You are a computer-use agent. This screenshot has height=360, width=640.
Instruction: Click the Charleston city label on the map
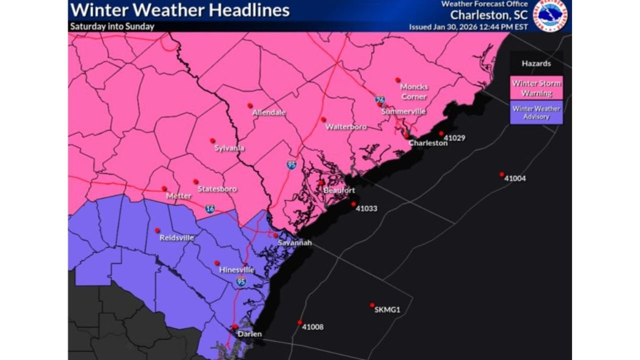(428, 143)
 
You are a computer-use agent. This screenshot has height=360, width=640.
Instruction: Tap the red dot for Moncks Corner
(397, 80)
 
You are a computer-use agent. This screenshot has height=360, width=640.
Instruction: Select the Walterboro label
(346, 127)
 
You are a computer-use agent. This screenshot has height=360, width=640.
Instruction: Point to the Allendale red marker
(249, 105)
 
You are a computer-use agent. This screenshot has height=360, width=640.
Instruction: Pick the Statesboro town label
(217, 189)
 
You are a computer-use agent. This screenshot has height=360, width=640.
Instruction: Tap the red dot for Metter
(164, 188)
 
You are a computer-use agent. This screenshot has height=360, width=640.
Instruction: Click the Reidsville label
(176, 238)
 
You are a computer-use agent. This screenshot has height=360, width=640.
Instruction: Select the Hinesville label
(236, 270)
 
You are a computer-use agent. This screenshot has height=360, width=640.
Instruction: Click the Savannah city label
(295, 243)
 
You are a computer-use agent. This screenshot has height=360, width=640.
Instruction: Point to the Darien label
(249, 334)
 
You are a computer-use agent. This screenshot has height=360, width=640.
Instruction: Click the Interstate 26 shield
(380, 100)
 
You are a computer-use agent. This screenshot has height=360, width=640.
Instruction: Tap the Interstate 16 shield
(210, 208)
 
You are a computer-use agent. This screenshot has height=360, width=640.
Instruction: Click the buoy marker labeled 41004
(501, 174)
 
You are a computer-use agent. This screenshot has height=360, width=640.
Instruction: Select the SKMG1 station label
(387, 310)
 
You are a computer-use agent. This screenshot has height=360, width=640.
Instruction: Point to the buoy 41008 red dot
(300, 322)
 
